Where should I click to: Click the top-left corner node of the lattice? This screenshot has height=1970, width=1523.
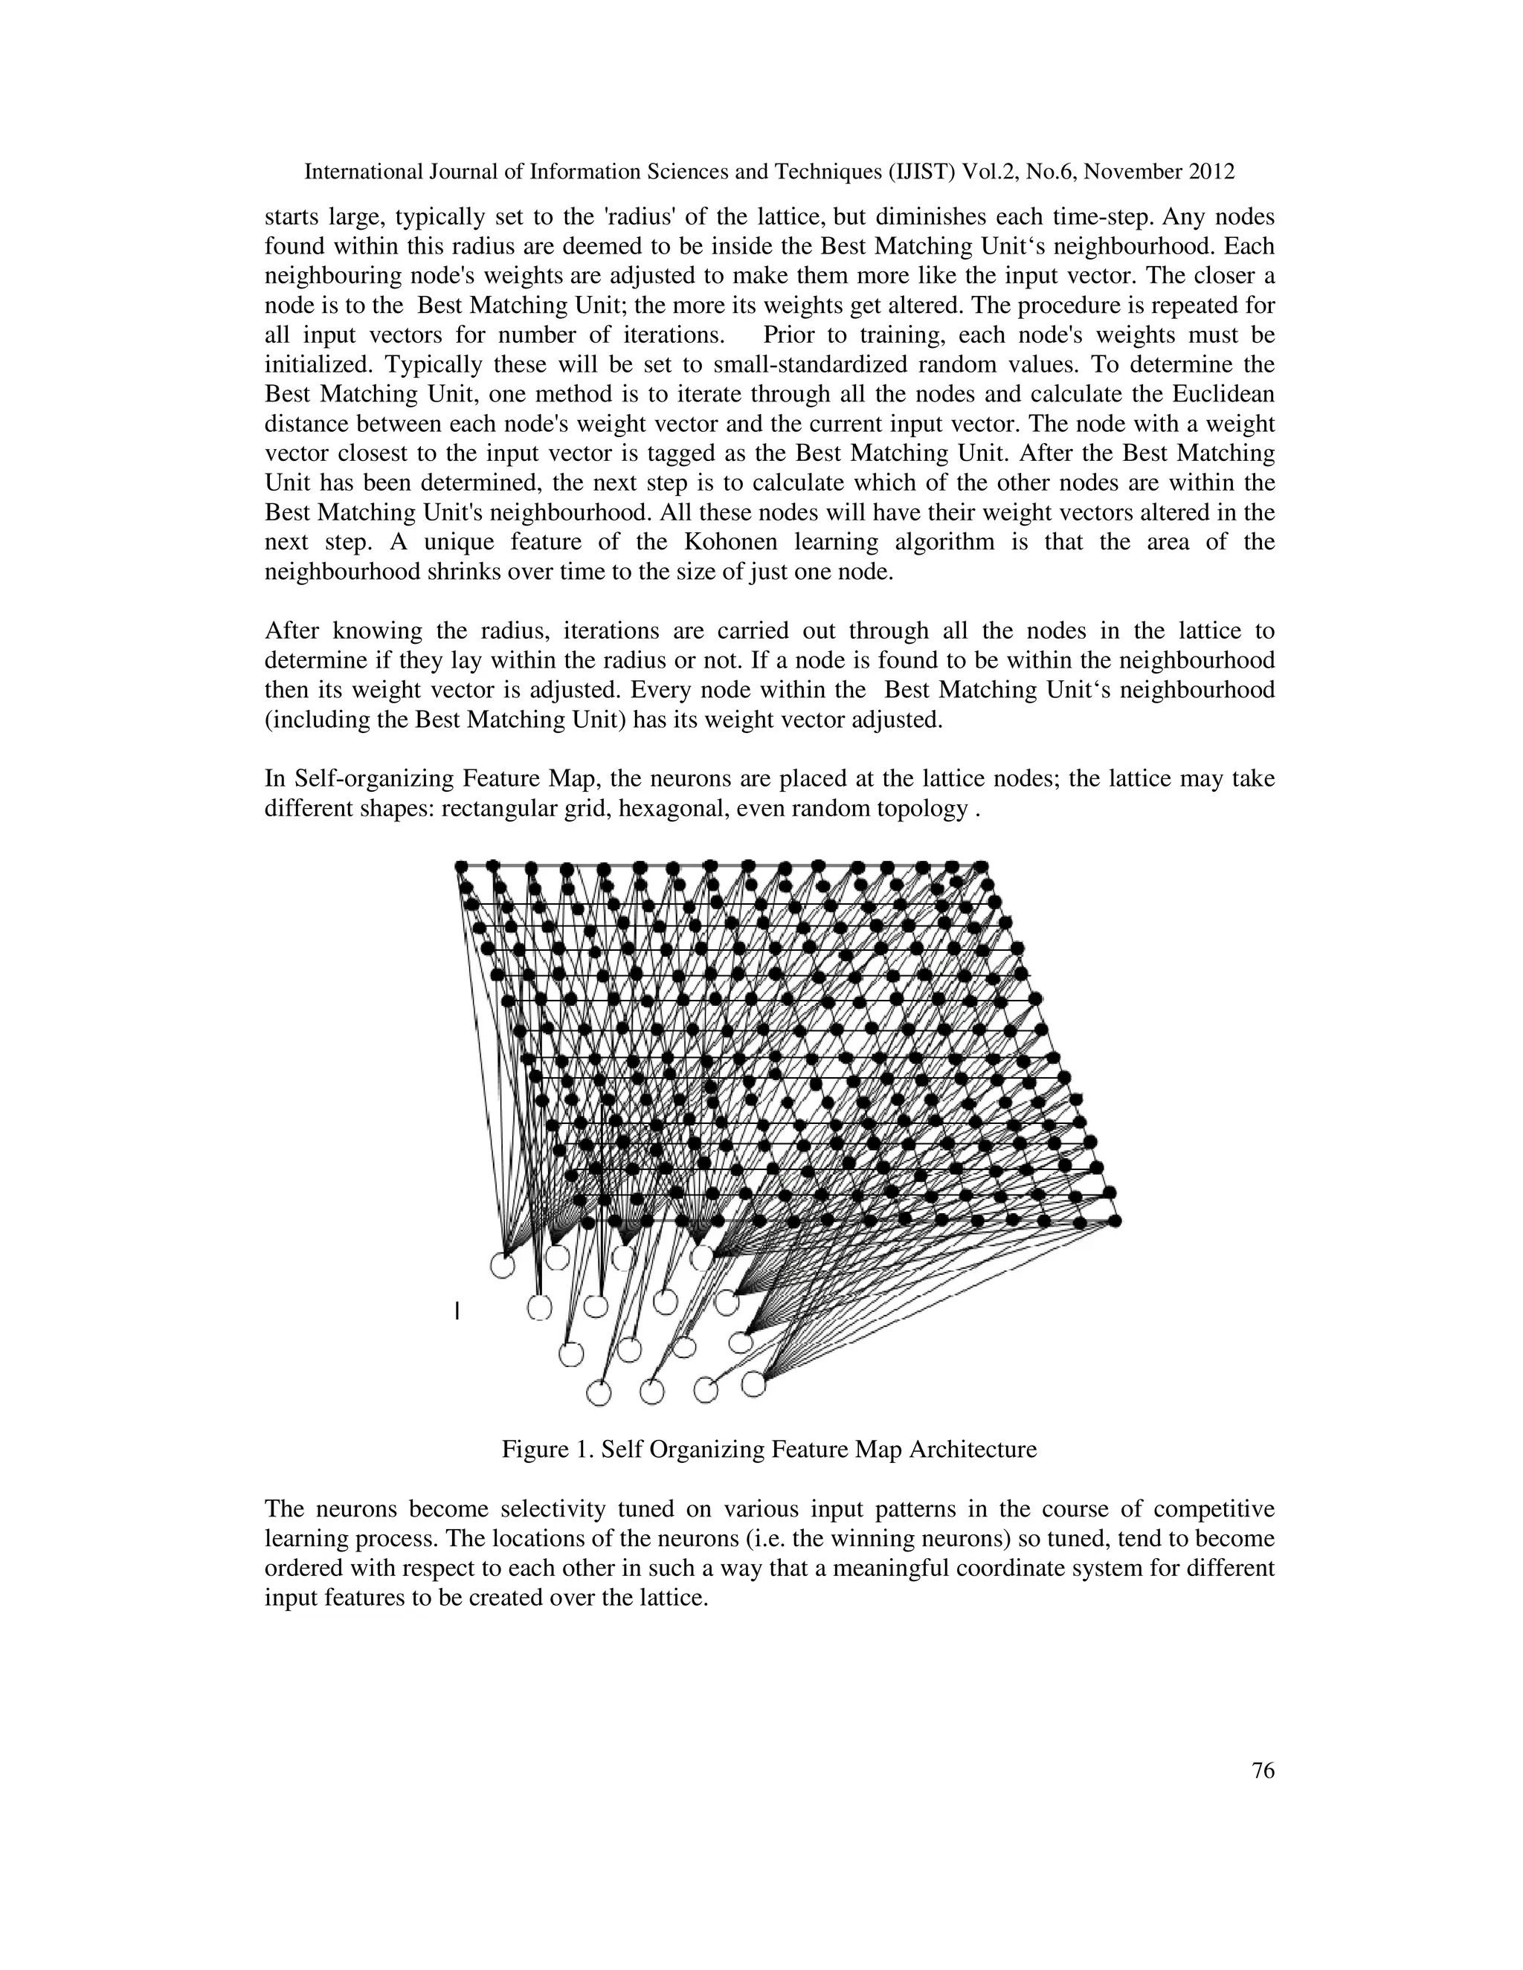point(461,866)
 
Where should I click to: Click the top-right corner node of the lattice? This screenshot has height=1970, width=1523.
point(981,866)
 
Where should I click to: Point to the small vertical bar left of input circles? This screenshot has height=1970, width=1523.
point(457,1311)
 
